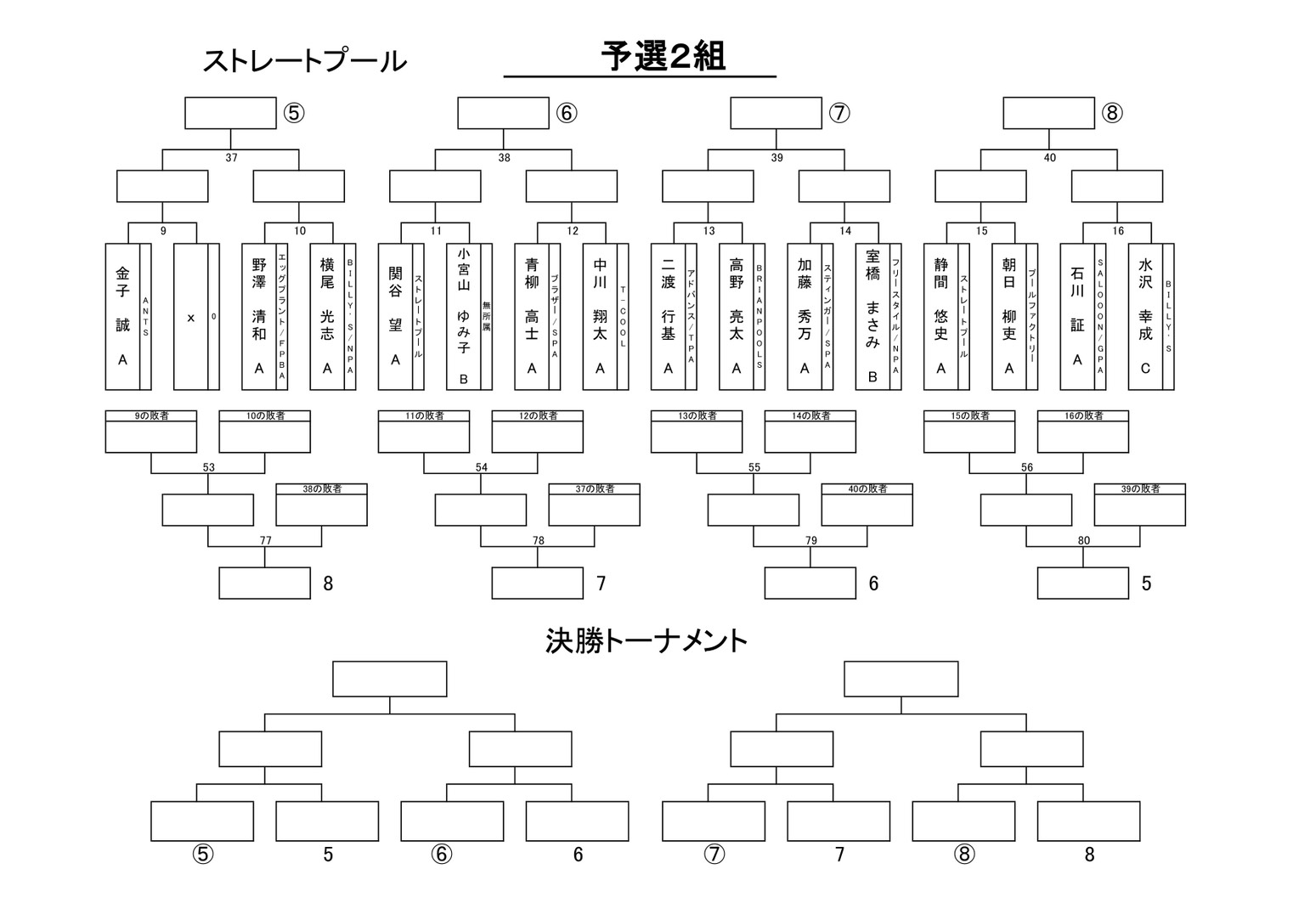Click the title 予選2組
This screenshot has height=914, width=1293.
[x=663, y=57]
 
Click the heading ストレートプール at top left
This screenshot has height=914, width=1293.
[x=304, y=61]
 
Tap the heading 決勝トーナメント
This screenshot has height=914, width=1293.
[x=646, y=640]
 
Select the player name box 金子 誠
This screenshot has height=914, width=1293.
[x=123, y=317]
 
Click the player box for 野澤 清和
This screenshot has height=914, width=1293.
[x=259, y=317]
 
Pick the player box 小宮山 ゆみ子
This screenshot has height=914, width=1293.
[x=463, y=317]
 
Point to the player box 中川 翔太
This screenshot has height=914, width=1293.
[x=600, y=317]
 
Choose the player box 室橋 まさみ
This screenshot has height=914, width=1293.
[x=872, y=317]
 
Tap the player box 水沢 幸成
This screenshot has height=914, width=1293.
[x=1145, y=317]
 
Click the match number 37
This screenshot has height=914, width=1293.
[x=231, y=158]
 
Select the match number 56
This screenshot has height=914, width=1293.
[x=1027, y=467]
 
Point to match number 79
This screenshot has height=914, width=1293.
[x=810, y=540]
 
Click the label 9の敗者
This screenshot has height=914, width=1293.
[x=151, y=416]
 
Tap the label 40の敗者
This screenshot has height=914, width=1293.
[x=867, y=489]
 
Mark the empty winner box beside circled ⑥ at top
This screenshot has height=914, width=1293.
[x=503, y=113]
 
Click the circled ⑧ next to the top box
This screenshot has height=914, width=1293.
[x=1112, y=113]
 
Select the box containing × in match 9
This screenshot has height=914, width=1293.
[x=191, y=317]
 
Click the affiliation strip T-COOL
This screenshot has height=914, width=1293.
[x=623, y=317]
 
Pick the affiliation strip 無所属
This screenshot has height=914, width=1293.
[x=486, y=317]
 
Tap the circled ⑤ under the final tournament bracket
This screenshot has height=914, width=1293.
[x=202, y=854]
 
